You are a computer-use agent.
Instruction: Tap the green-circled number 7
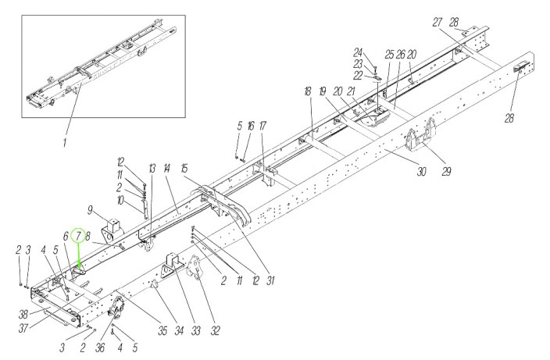(x=77, y=234)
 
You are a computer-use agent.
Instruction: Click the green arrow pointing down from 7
(x=78, y=258)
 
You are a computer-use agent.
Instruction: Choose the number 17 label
(x=262, y=126)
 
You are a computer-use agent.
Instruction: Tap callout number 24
(x=357, y=52)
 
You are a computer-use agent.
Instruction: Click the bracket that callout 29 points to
(x=420, y=136)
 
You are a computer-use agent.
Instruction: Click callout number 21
(x=352, y=91)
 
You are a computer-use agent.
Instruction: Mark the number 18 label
(x=308, y=91)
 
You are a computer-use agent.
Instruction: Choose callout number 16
(x=251, y=126)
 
